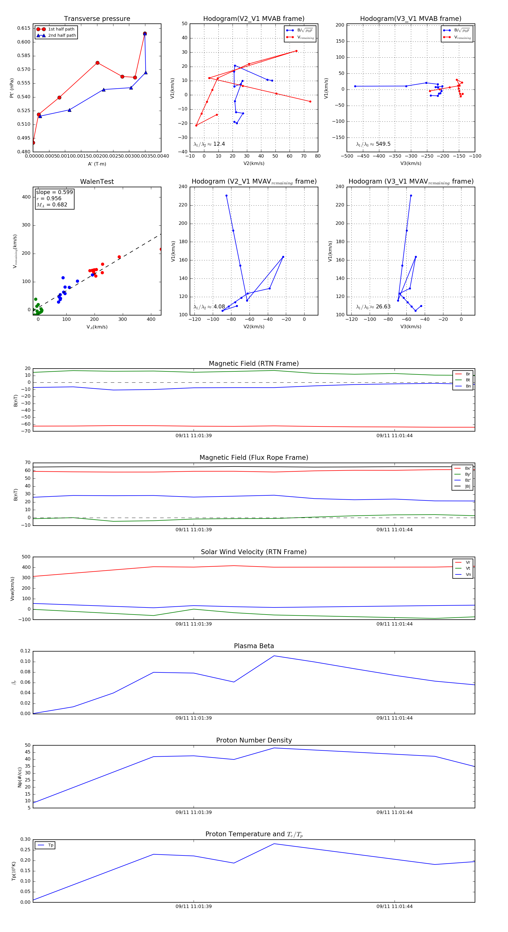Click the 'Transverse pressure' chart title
[97, 19]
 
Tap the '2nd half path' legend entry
[62, 36]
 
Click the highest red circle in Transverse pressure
[144, 34]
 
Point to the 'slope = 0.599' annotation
[54, 192]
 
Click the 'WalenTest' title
[97, 182]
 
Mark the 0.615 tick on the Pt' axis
[24, 28]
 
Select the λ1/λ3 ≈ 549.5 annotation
[373, 144]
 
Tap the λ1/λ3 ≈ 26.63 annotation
[373, 307]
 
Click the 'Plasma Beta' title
[254, 646]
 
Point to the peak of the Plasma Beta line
[274, 656]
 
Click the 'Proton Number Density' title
[254, 740]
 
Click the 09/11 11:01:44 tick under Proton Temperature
[395, 906]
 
